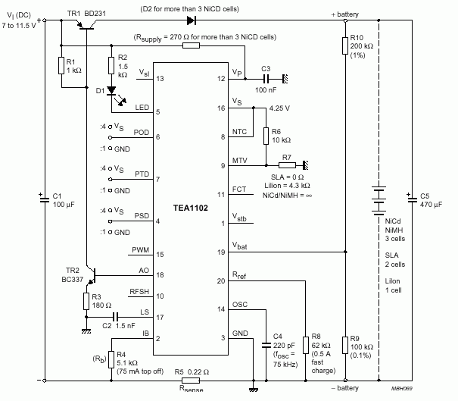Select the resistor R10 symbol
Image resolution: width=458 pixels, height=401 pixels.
pos(345,45)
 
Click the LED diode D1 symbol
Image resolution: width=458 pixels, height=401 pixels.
pos(111,90)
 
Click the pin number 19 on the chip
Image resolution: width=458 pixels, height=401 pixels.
pos(222,252)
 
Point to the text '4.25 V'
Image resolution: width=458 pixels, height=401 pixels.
pos(279,108)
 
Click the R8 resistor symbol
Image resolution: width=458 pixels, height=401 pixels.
pos(305,343)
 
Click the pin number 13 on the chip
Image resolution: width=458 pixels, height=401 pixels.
pos(159,78)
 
